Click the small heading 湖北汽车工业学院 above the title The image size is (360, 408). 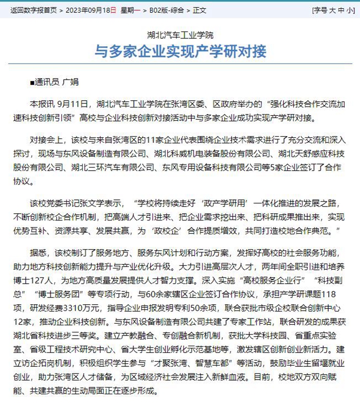[x=179, y=35]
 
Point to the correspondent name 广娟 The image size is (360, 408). [x=70, y=82]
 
